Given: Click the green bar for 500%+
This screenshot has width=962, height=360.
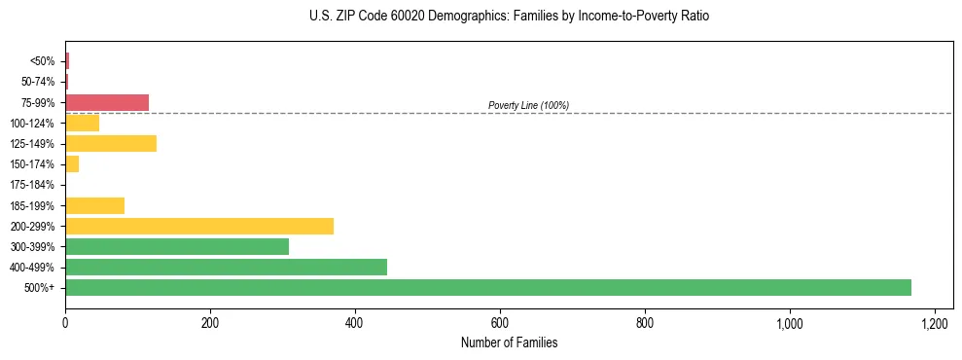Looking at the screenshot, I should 488,287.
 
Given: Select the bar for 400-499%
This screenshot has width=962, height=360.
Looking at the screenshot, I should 226,267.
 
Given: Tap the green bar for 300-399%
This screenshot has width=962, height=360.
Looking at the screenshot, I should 177,246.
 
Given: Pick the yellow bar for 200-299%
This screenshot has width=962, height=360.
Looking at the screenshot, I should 199,226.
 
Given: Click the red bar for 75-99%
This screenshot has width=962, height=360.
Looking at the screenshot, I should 107,102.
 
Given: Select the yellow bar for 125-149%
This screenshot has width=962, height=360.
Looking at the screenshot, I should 111,143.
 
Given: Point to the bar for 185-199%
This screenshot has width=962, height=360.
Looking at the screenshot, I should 94,205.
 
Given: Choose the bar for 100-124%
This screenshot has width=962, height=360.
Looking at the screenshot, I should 82,123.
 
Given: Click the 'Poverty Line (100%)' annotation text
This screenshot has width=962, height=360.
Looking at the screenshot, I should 528,105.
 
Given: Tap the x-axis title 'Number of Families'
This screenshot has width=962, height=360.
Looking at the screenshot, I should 509,342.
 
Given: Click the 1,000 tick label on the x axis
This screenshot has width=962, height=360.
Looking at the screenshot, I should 789,323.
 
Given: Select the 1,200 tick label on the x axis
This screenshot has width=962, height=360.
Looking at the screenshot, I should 934,323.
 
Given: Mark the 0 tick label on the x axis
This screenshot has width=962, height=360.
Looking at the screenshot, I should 65,323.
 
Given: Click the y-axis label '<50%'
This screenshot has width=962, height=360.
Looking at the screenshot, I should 43,61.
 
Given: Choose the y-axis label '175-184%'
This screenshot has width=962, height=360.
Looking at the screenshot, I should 32,185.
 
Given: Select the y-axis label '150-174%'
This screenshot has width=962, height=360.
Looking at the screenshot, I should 32,164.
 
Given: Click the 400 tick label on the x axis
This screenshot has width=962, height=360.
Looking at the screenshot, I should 355,323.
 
